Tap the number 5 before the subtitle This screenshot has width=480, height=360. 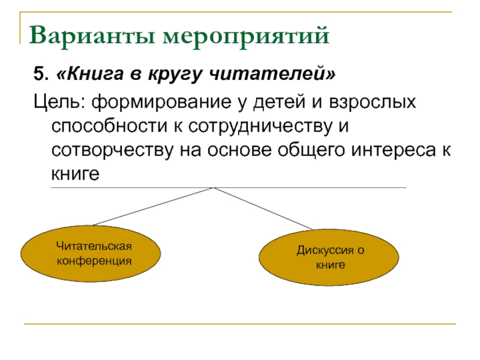coord(38,76)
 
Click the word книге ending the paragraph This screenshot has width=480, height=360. coord(74,175)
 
